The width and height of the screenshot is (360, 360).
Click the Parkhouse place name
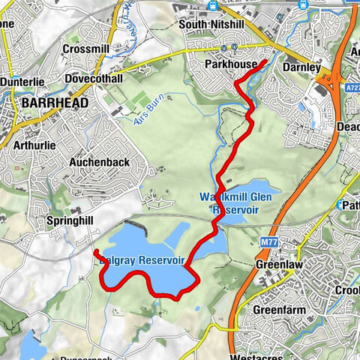[x=231, y=65]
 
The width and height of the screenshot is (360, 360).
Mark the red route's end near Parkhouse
[x=267, y=61]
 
